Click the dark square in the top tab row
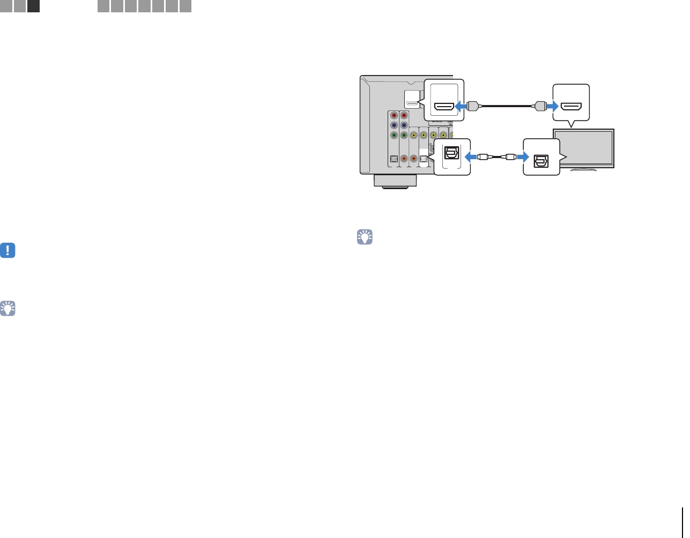pyautogui.click(x=33, y=6)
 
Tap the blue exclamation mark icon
pyautogui.click(x=8, y=250)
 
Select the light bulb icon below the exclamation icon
pyautogui.click(x=8, y=308)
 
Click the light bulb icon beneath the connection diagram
pyautogui.click(x=365, y=237)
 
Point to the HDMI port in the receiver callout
pyautogui.click(x=444, y=106)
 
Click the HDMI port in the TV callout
pyautogui.click(x=571, y=106)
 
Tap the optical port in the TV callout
pyautogui.click(x=540, y=159)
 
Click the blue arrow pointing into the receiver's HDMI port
pyautogui.click(x=461, y=106)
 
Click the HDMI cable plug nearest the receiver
pyautogui.click(x=473, y=106)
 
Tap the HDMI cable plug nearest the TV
pyautogui.click(x=539, y=106)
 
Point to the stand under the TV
pyautogui.click(x=584, y=169)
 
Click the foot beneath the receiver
pyautogui.click(x=395, y=182)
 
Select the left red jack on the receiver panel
pyautogui.click(x=394, y=115)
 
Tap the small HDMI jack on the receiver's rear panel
pyautogui.click(x=412, y=102)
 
